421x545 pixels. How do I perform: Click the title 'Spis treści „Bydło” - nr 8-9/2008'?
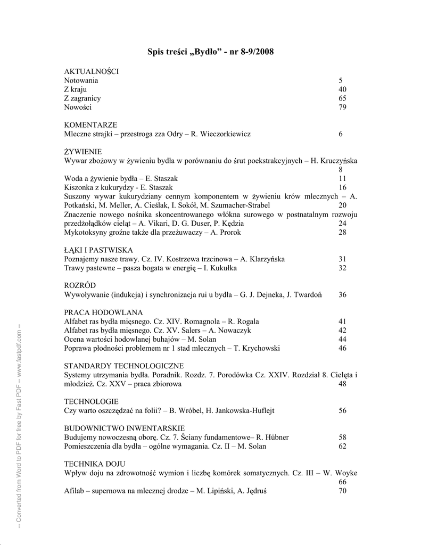pos(210,52)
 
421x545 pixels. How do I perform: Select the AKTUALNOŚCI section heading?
pos(91,71)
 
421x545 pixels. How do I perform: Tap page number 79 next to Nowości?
pos(342,108)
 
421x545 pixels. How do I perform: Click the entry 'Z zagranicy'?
pos(82,98)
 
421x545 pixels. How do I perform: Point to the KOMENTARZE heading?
pos(90,125)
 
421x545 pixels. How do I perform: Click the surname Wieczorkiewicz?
pos(225,134)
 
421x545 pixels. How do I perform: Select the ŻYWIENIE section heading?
pos(82,152)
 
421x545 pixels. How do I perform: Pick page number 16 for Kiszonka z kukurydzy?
pos(342,187)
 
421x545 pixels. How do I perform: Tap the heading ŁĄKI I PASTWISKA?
pos(98,250)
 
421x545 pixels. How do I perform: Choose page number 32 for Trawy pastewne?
pos(342,268)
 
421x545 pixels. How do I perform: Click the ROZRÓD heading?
pos(80,286)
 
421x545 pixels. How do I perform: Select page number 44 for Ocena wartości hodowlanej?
pos(342,339)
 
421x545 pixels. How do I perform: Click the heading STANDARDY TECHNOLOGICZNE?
pos(124,366)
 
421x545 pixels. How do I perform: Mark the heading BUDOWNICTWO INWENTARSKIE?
pos(125,428)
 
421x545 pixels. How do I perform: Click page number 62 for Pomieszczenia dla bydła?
pos(342,446)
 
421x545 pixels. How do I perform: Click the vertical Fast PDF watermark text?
pos(19,426)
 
